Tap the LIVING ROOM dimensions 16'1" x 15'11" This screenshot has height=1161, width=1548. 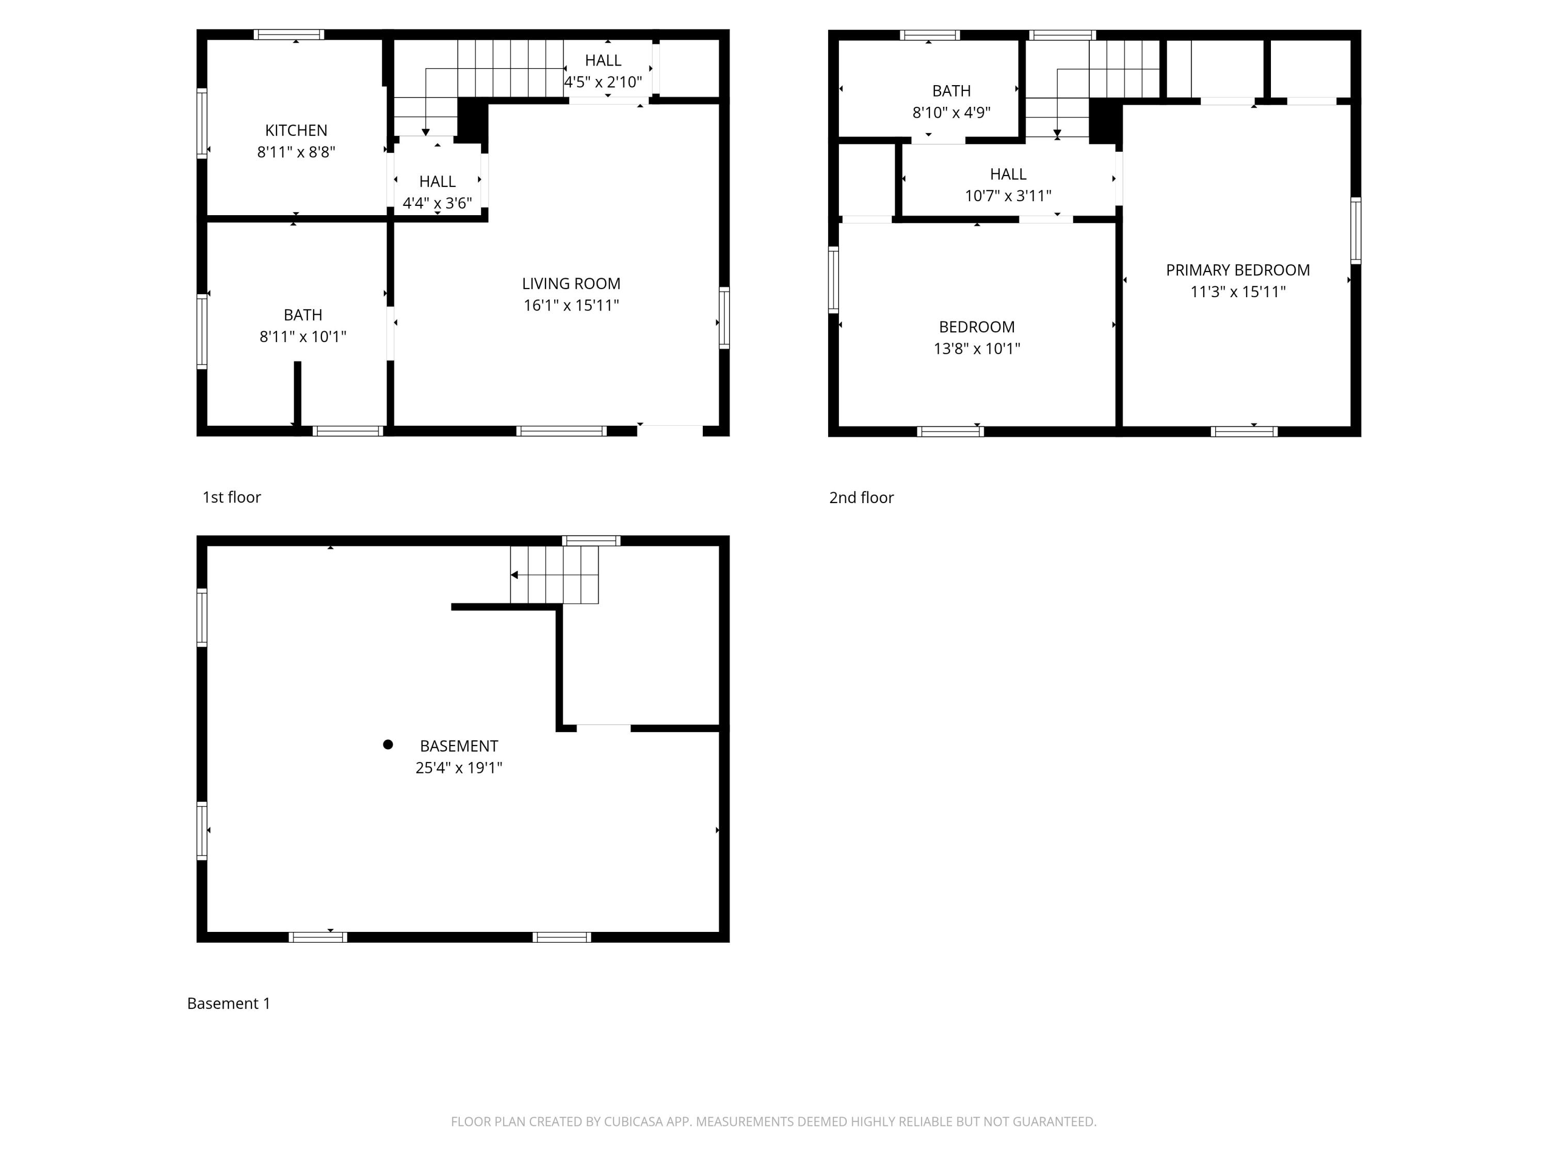[571, 305]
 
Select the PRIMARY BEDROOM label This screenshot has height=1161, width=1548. [1237, 270]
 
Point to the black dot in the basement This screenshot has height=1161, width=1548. [388, 745]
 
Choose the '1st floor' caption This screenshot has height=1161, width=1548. [231, 497]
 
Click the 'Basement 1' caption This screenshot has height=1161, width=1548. [228, 1004]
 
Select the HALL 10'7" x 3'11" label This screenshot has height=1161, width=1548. [1008, 185]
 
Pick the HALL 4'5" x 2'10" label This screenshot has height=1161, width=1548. [603, 71]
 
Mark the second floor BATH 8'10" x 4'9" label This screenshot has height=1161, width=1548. [951, 102]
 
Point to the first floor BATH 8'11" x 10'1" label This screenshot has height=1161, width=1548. [302, 326]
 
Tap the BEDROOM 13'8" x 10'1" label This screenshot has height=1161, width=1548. [976, 337]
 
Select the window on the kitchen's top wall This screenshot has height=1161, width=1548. [288, 34]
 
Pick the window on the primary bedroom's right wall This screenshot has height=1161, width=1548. [1356, 231]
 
